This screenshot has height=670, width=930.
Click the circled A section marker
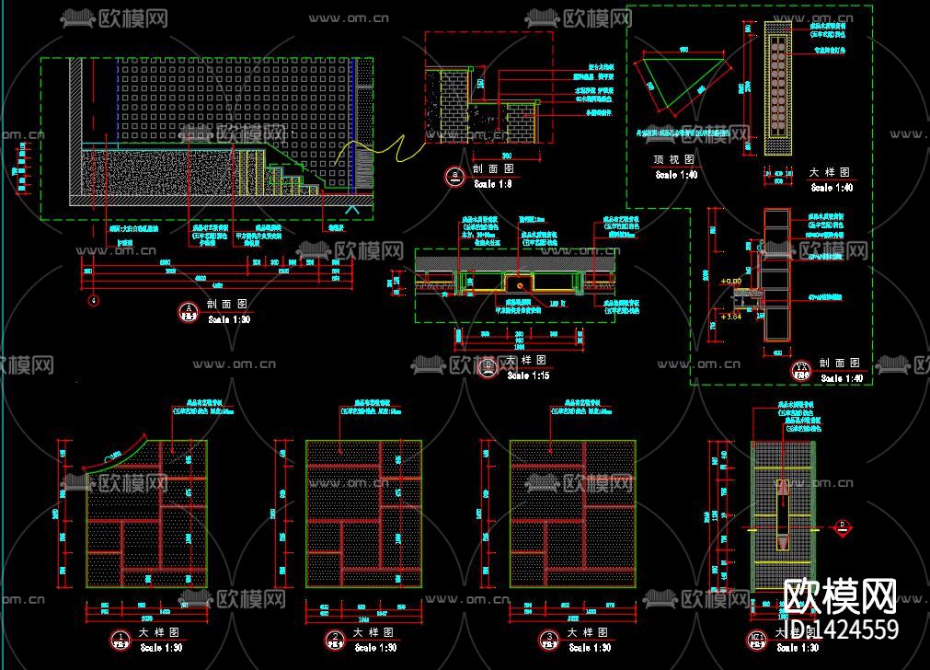[x=188, y=310]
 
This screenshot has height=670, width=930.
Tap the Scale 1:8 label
[x=492, y=184]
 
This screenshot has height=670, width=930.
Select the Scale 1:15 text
[x=529, y=375]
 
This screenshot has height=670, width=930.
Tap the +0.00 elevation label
[x=731, y=281]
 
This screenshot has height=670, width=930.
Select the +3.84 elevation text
[x=731, y=318]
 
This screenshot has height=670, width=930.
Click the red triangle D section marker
[x=840, y=526]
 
